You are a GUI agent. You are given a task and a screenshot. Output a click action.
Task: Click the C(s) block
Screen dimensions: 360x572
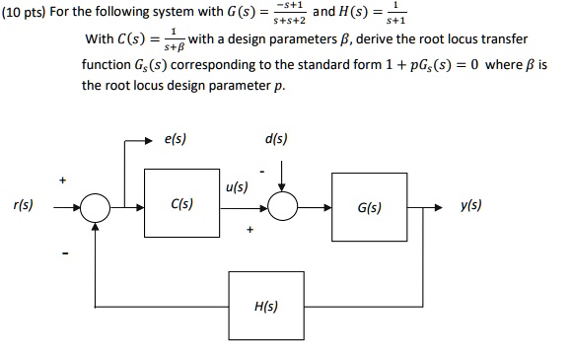[182, 208]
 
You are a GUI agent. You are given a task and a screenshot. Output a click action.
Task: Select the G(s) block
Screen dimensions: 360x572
[371, 209]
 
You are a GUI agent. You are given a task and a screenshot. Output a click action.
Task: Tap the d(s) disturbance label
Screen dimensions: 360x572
[276, 140]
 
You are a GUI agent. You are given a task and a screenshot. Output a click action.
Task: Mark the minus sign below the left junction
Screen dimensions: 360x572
[66, 259]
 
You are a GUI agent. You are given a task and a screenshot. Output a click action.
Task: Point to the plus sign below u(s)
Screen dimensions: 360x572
[254, 233]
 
